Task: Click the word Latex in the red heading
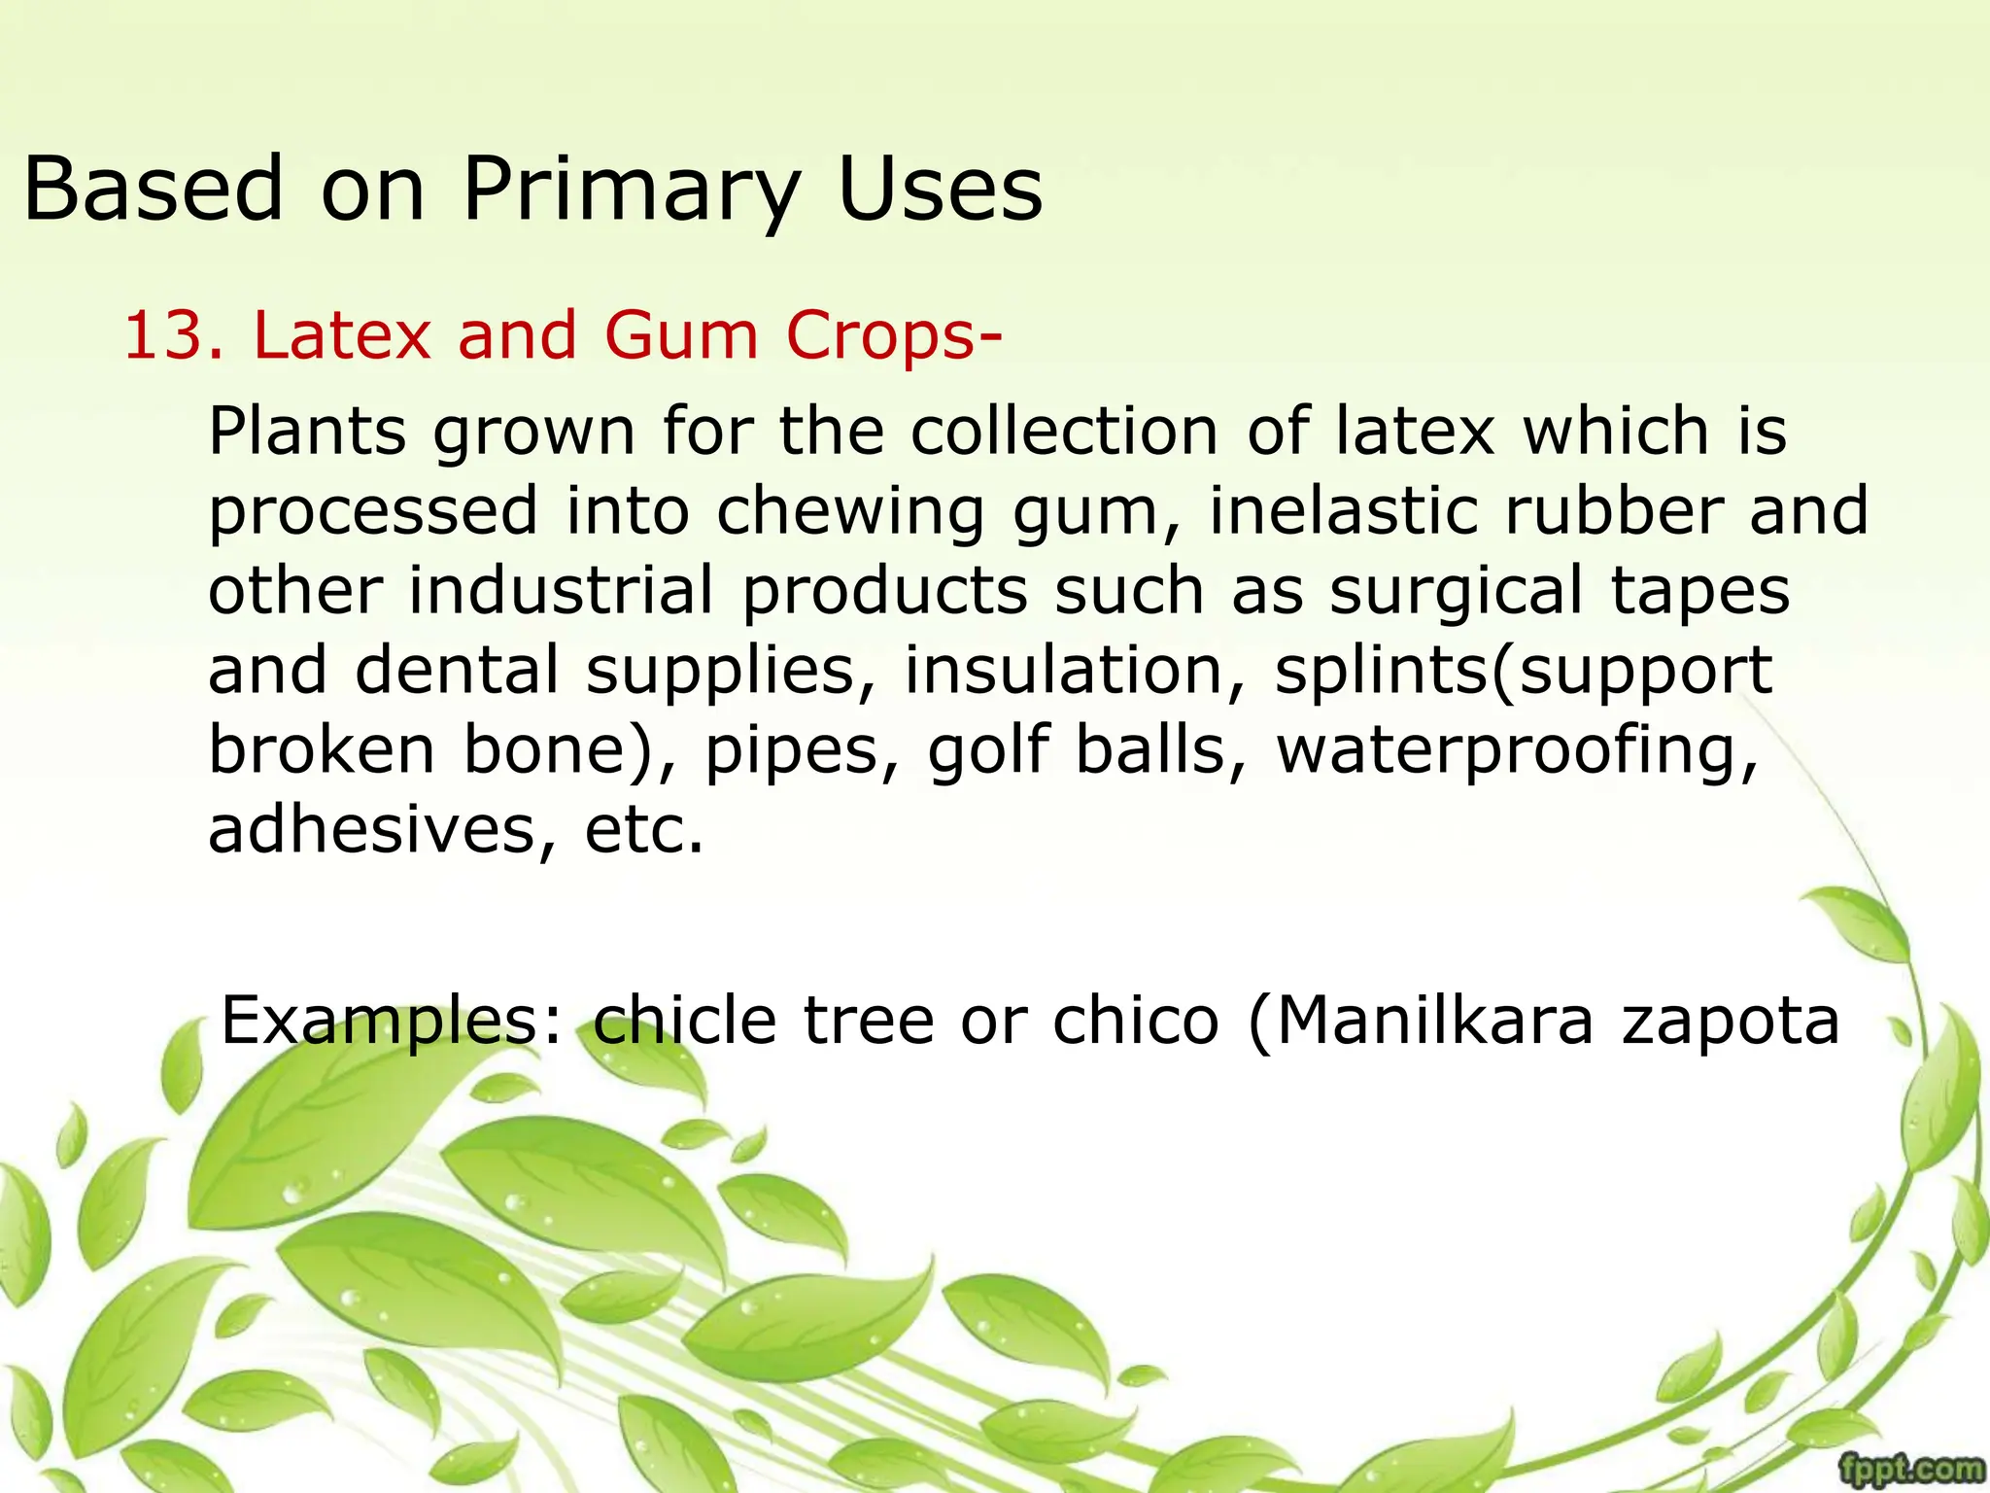[341, 336]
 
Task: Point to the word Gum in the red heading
[680, 336]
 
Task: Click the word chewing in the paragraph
[850, 513]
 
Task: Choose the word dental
[457, 671]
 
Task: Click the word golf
[988, 750]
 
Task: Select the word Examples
[393, 1023]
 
